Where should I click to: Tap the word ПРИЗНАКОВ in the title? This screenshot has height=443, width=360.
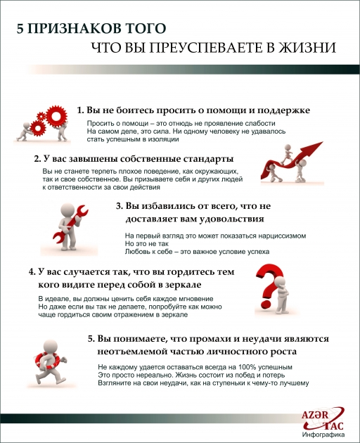[x=72, y=29]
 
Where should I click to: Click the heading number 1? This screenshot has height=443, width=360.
[x=80, y=111]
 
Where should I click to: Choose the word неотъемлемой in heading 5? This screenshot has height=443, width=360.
[x=137, y=350]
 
